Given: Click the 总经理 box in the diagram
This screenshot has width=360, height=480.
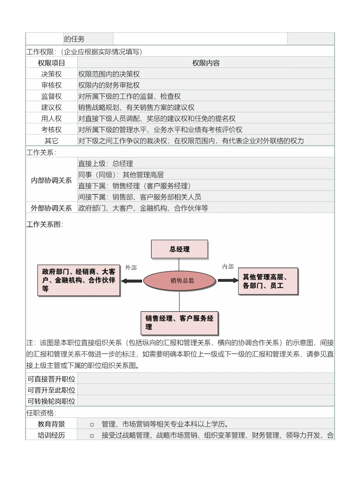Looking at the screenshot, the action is pyautogui.click(x=179, y=249).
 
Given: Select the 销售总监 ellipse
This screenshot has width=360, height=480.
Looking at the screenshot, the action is pyautogui.click(x=180, y=281).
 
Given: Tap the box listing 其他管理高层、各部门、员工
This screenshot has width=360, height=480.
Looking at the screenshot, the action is pyautogui.click(x=268, y=281).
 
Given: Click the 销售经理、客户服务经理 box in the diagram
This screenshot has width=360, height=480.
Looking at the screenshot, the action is pyautogui.click(x=179, y=323).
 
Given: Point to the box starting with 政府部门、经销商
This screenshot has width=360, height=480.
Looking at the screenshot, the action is pyautogui.click(x=79, y=280).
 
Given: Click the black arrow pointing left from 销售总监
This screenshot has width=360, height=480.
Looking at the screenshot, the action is pyautogui.click(x=132, y=281).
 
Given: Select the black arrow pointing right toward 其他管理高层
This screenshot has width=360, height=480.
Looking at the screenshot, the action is pyautogui.click(x=228, y=281).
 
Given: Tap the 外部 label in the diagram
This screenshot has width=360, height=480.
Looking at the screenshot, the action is pyautogui.click(x=131, y=268).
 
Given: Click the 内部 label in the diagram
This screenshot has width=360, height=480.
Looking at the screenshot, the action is pyautogui.click(x=228, y=267).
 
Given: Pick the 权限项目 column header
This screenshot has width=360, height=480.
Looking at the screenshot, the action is pyautogui.click(x=51, y=63).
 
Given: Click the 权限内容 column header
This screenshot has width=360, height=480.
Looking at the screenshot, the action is pyautogui.click(x=206, y=63).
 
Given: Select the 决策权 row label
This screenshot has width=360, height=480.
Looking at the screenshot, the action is pyautogui.click(x=51, y=74).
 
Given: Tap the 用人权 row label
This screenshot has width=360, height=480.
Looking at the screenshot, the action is pyautogui.click(x=51, y=118).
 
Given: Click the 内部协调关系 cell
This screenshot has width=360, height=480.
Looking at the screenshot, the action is pyautogui.click(x=51, y=180).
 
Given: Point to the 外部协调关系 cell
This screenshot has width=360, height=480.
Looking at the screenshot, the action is pyautogui.click(x=51, y=208).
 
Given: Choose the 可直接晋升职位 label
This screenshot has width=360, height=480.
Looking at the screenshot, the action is pyautogui.click(x=51, y=379).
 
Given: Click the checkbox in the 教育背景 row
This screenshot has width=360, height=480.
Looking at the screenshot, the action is pyautogui.click(x=92, y=425).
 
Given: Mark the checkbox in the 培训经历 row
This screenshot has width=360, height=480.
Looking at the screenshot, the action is pyautogui.click(x=92, y=436).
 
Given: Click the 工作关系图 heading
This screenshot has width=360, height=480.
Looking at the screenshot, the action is pyautogui.click(x=45, y=224).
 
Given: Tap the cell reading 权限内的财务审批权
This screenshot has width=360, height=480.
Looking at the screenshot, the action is pyautogui.click(x=109, y=85).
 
